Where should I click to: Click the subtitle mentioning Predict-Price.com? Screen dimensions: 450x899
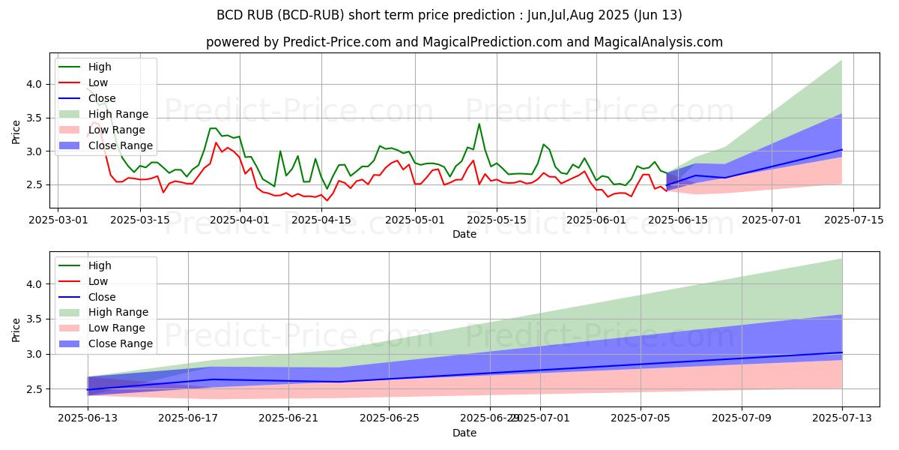[x=464, y=42]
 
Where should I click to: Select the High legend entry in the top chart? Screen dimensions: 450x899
[x=100, y=67]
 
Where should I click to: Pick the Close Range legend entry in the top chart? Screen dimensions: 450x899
[x=120, y=145]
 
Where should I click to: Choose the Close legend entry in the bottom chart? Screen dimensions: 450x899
[x=102, y=296]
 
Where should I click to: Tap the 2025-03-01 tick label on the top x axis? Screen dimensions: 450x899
[x=58, y=220]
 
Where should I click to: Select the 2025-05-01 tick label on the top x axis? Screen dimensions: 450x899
[x=414, y=220]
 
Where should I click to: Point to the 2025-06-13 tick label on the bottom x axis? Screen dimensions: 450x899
[x=88, y=418]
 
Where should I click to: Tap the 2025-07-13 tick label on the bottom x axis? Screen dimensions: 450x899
[x=842, y=418]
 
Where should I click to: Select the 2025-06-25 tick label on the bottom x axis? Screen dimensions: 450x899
[x=390, y=418]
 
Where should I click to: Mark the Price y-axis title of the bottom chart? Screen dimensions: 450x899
[x=16, y=328]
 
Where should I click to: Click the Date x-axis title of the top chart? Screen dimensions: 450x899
[x=464, y=234]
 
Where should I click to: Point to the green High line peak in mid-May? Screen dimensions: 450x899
[x=479, y=124]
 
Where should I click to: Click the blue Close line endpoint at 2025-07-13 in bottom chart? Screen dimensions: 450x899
[x=842, y=352]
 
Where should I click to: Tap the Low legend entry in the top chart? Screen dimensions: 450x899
[x=98, y=82]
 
